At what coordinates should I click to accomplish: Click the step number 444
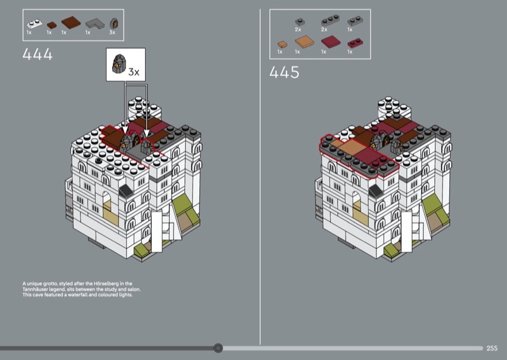[37, 55]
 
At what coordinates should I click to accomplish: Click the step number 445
[284, 72]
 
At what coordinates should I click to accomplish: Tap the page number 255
[492, 348]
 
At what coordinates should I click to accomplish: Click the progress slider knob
[218, 348]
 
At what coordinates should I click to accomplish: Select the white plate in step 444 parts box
[34, 24]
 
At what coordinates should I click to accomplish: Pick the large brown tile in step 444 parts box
[71, 22]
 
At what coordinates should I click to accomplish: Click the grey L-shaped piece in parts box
[95, 23]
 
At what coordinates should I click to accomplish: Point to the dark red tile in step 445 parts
[331, 42]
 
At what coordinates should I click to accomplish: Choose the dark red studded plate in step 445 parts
[355, 43]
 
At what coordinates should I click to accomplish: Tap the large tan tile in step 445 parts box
[304, 42]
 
